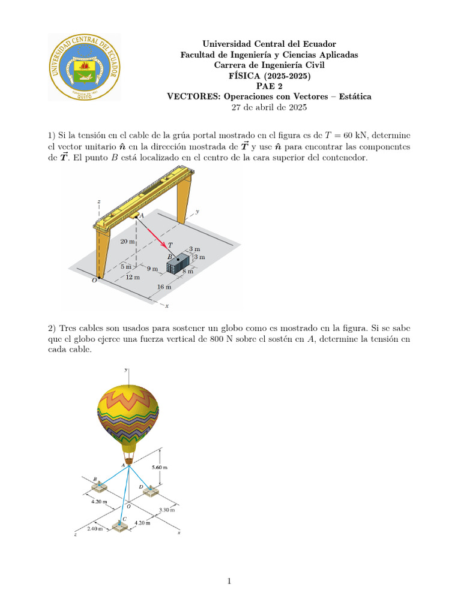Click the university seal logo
click(84, 67)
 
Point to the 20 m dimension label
click(127, 241)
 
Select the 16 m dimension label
click(164, 287)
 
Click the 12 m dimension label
click(133, 277)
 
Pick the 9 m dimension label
click(152, 269)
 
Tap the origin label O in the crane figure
click(94, 280)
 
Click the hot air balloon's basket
click(129, 460)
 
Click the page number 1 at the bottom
click(230, 580)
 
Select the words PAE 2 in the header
click(269, 86)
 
